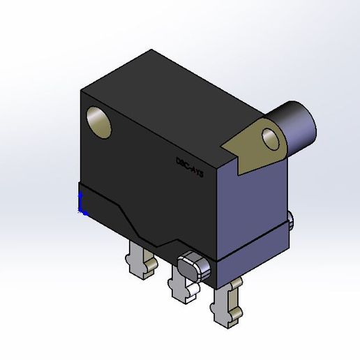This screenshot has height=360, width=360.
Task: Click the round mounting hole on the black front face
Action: pos(99,121)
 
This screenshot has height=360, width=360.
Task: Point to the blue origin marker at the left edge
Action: pos(82,202)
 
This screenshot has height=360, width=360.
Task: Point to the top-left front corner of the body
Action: pos(82,90)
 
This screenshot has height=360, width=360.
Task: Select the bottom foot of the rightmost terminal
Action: pos(227,318)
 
